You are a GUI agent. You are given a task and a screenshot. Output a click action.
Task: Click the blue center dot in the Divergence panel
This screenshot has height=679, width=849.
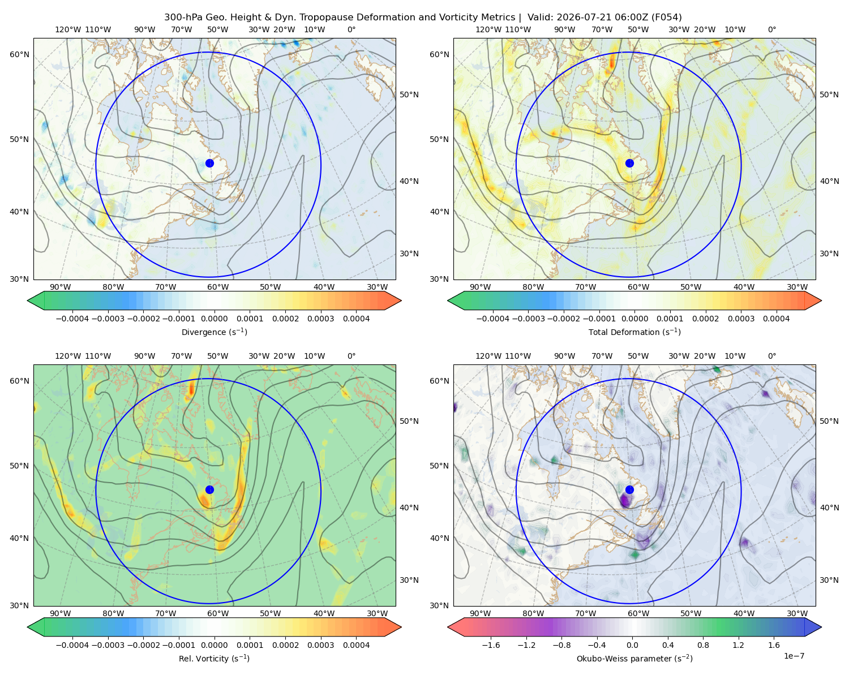coord(209,163)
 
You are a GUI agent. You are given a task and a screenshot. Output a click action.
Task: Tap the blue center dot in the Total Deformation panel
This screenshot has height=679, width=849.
coord(629,163)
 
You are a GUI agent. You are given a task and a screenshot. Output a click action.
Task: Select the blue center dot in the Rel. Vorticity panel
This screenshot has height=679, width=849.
coord(209,489)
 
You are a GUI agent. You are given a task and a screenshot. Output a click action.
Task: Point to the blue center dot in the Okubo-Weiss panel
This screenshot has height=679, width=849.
coord(629,489)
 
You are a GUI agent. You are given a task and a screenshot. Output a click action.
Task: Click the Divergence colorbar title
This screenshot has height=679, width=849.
coord(214,332)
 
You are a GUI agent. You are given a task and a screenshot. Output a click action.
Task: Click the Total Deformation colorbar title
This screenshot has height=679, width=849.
coord(634,332)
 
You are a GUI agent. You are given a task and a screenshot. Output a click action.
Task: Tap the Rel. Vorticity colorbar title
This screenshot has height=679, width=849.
coord(214,659)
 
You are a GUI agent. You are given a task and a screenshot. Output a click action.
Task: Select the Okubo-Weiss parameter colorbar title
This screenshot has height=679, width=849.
coord(634,659)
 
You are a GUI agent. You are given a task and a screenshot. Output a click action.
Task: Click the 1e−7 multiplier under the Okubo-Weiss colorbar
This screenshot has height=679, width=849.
coord(794,656)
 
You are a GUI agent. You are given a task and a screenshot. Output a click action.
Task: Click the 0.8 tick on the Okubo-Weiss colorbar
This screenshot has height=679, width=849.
coord(703,645)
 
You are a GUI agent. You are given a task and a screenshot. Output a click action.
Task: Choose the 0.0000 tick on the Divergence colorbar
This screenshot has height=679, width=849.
coord(214,319)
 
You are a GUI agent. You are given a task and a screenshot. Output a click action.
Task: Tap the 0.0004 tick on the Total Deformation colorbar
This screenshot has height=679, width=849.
coord(776,319)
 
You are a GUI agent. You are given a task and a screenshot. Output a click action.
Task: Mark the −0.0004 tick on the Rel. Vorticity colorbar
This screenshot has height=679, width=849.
coord(72,645)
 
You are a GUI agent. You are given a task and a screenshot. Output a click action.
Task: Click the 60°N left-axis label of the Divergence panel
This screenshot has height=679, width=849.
coord(19,54)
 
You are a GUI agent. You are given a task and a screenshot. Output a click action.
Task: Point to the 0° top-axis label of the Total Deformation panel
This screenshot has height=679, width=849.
coord(771,29)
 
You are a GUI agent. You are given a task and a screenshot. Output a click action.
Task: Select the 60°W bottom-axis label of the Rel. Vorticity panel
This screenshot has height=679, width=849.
coord(218,613)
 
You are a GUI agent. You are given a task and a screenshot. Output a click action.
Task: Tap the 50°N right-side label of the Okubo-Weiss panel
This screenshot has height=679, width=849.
coord(829,421)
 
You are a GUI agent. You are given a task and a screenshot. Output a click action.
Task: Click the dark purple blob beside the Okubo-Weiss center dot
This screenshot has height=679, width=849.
coord(624,500)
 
